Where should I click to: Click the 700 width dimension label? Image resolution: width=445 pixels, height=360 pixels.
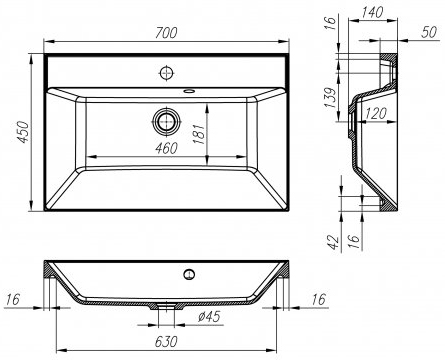(x=167, y=33)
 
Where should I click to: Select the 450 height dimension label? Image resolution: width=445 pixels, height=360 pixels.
(x=24, y=132)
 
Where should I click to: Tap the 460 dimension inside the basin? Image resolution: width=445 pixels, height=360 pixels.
(x=167, y=148)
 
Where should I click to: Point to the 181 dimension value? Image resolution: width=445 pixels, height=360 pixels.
(x=199, y=134)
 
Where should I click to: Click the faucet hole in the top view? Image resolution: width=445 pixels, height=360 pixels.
(x=166, y=73)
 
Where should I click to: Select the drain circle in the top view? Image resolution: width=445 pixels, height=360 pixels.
(x=166, y=121)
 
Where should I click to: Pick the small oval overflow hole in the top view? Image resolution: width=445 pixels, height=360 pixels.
(x=189, y=90)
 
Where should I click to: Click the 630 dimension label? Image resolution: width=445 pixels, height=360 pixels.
(x=166, y=341)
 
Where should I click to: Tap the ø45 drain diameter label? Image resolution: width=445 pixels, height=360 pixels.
(x=209, y=316)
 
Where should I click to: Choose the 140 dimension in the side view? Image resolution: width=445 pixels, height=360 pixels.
(x=372, y=12)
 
